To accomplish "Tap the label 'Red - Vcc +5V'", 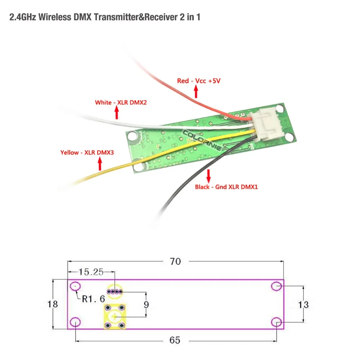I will click(198, 81).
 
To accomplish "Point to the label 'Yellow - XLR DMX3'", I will click(87, 153).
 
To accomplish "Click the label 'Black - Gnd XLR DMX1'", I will click(226, 187).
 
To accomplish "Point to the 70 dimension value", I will click(175, 262).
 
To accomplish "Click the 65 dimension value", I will click(175, 340).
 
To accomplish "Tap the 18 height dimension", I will click(53, 304).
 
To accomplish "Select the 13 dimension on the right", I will click(303, 305).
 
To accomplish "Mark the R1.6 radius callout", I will click(93, 298).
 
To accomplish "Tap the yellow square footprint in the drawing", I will click(114, 316).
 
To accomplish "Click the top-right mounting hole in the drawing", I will click(276, 286).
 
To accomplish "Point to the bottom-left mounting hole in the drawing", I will click(75, 322).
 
